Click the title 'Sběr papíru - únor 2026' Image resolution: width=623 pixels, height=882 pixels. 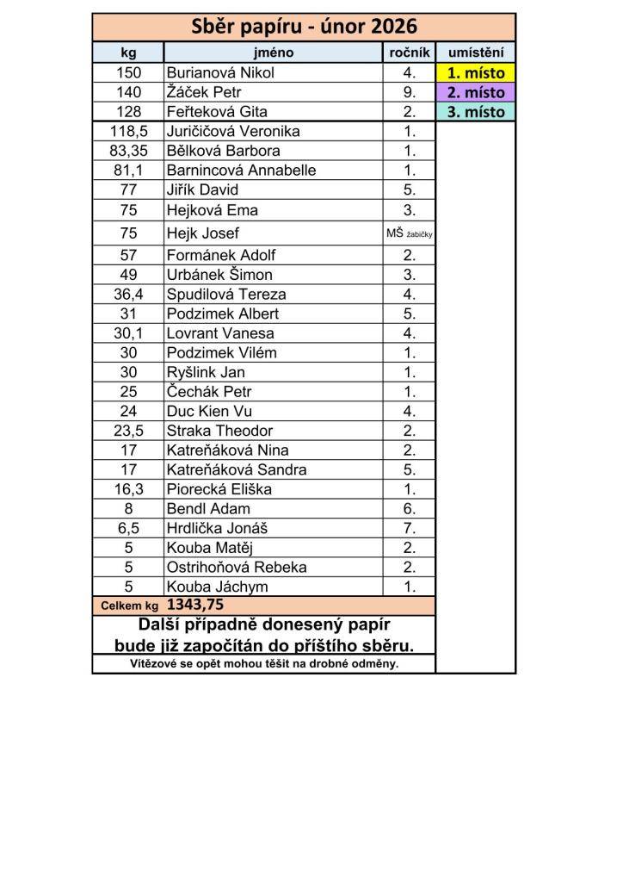click(304, 27)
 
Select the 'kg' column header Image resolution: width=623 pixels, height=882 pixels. click(128, 53)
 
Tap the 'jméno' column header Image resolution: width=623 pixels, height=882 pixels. click(274, 53)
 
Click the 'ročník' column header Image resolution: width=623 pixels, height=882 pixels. click(410, 53)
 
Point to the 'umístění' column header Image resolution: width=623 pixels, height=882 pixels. click(476, 53)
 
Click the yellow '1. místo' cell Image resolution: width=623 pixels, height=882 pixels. click(476, 73)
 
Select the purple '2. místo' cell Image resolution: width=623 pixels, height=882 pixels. click(476, 92)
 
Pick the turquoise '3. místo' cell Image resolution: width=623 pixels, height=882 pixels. click(476, 112)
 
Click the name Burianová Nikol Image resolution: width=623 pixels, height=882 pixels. click(220, 73)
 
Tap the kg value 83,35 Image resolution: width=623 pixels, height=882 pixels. click(128, 151)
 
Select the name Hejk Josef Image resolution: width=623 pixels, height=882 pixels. click(202, 233)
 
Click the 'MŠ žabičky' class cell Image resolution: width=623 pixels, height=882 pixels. click(410, 233)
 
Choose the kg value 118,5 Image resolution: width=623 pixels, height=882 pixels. click(128, 131)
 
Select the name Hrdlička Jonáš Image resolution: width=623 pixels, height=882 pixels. click(218, 528)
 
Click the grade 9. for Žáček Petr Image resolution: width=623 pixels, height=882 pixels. click(410, 92)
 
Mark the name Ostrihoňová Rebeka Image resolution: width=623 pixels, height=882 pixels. click(237, 567)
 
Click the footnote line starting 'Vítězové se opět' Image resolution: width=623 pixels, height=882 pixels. click(264, 664)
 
